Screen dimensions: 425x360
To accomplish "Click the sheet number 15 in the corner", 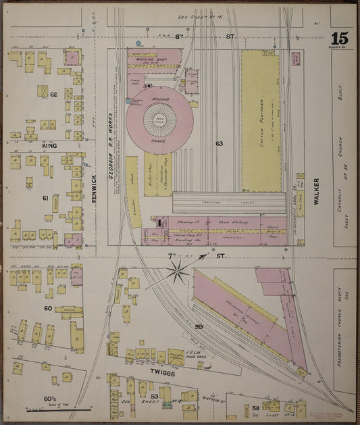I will pos(340,39).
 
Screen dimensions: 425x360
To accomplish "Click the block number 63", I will pos(219,143).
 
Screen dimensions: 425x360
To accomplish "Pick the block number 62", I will pos(53,95).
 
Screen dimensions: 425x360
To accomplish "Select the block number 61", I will pos(45,198).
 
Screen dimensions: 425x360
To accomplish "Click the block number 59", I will pos(199,327).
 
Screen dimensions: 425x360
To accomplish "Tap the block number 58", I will pos(256,408).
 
